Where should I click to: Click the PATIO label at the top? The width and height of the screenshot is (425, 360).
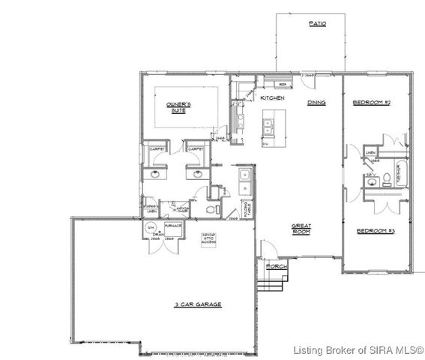[317, 24]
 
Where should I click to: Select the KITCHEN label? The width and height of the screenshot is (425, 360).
[271, 97]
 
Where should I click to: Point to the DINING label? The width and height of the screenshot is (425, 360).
[316, 103]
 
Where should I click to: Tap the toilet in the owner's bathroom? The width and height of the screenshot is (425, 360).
[211, 208]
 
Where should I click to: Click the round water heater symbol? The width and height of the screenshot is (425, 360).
[150, 227]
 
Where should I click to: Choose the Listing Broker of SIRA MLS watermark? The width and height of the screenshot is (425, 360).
[358, 349]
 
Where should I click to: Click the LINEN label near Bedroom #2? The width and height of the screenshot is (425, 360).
[370, 153]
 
